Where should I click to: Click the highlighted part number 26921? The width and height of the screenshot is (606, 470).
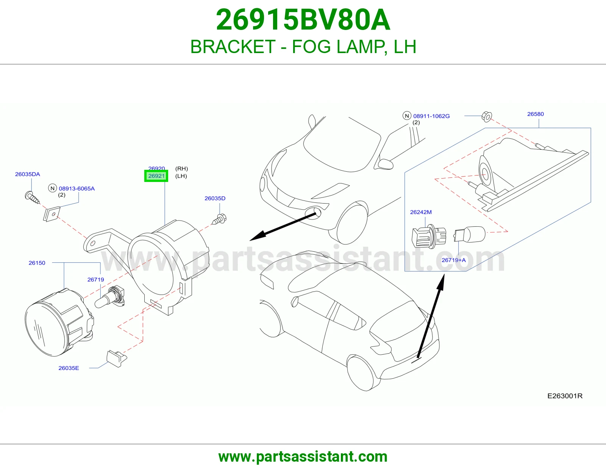click(156, 176)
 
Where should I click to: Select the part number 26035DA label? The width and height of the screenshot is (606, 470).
click(28, 174)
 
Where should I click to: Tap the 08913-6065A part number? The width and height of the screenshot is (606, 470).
click(77, 189)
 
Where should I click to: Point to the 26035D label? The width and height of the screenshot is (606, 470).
click(215, 199)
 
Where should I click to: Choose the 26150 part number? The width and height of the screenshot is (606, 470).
click(37, 263)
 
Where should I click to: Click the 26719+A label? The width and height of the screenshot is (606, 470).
click(454, 260)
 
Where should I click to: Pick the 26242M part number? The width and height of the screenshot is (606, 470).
click(421, 212)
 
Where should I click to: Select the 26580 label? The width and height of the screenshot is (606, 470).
click(536, 114)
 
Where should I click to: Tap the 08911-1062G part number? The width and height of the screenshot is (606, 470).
click(431, 116)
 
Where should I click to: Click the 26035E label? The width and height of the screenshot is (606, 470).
click(69, 368)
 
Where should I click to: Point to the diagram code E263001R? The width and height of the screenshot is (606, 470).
click(565, 396)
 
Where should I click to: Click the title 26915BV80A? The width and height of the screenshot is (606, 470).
click(303, 20)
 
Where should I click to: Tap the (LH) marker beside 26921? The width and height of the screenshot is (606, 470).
click(181, 176)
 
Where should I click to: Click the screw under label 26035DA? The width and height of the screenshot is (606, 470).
click(32, 197)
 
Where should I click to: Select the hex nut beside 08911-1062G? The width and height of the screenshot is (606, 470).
click(487, 117)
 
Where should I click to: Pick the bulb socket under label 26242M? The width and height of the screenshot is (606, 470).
click(429, 237)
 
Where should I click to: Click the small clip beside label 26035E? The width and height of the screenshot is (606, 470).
click(117, 358)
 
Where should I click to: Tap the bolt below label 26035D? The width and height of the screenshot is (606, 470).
click(219, 219)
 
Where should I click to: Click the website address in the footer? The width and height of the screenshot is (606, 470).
click(303, 457)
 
